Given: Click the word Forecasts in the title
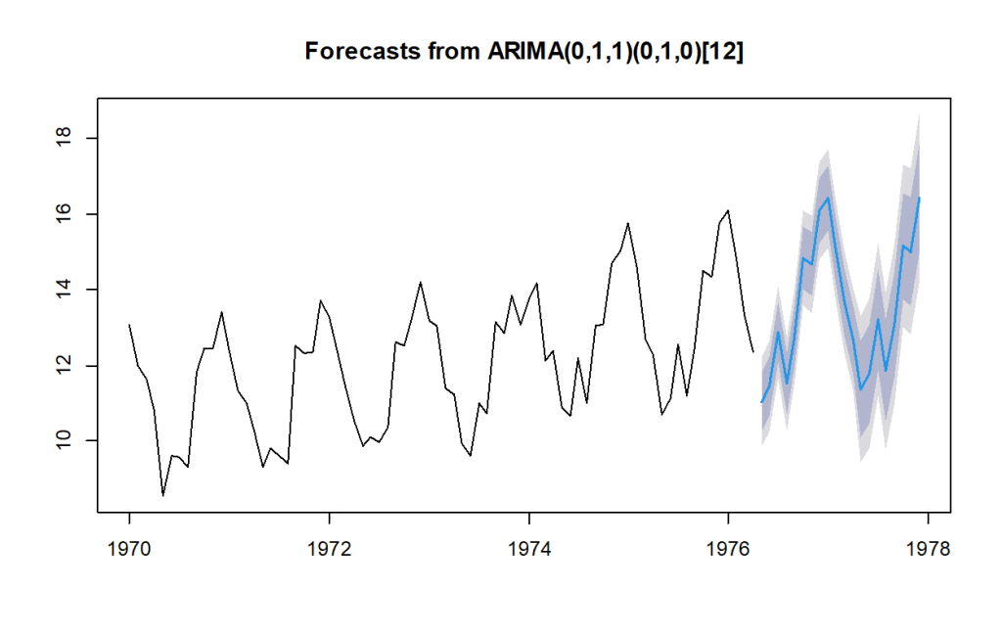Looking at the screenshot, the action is coord(363,51).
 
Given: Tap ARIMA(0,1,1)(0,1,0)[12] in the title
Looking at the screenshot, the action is coord(615,51).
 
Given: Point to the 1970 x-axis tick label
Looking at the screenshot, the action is coord(129,549).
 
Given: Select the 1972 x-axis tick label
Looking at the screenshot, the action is coord(330,549).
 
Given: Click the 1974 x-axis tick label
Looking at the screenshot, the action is coord(529,549).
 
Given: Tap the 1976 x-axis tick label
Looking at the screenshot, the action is coord(728,549).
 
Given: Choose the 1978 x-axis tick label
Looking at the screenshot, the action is coord(929,549).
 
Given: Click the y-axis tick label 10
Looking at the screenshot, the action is coord(64,440).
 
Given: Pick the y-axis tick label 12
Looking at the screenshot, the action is coord(64,365).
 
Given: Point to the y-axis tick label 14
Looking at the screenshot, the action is coord(64,290).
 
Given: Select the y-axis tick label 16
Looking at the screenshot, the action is coord(64,214).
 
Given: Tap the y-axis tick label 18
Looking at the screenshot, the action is coord(64,138).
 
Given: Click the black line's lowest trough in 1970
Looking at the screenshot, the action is coord(162,495).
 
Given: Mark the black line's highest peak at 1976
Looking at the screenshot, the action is coord(728,210).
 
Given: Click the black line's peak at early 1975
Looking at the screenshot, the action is coord(628,223).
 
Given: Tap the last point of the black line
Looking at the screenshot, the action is coord(753,352).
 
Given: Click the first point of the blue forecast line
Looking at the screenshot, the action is coord(761,402).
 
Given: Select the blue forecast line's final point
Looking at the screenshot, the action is coord(919,198).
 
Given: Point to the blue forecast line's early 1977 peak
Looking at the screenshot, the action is coord(828,198).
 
